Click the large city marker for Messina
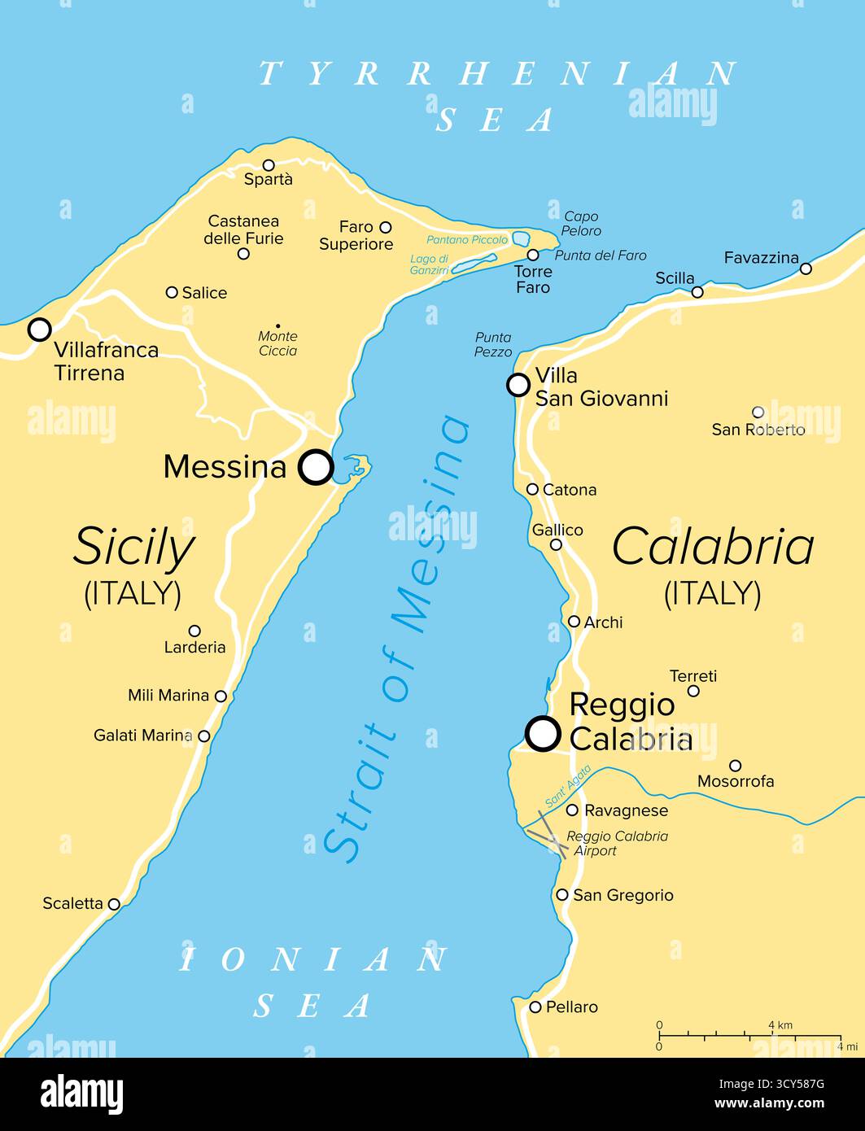pyautogui.click(x=316, y=468)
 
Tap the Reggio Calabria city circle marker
pyautogui.click(x=543, y=733)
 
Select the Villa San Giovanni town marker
pyautogui.click(x=518, y=385)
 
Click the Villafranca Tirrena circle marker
pyautogui.click(x=39, y=330)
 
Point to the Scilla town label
pyautogui.click(x=675, y=278)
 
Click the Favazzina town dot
pyautogui.click(x=806, y=269)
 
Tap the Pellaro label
pyautogui.click(x=572, y=1007)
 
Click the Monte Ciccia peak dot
pyautogui.click(x=277, y=326)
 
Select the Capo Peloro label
pyautogui.click(x=582, y=224)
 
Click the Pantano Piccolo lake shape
pyautogui.click(x=519, y=239)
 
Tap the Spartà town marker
pyautogui.click(x=269, y=165)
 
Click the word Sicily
pyautogui.click(x=133, y=547)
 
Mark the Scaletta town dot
pyautogui.click(x=114, y=904)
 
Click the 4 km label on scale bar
pyautogui.click(x=780, y=1025)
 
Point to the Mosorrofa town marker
pyautogui.click(x=735, y=766)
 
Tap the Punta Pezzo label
pyautogui.click(x=494, y=344)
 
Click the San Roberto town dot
pyautogui.click(x=758, y=413)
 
